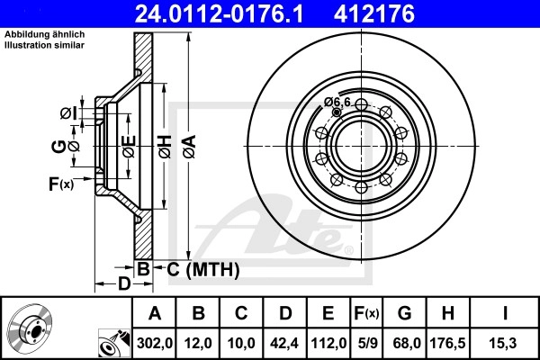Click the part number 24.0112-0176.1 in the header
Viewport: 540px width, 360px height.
tap(219, 13)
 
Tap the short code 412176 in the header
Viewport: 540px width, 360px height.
tap(374, 13)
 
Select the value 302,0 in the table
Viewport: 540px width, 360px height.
tap(155, 343)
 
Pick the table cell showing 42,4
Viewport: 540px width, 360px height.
tap(284, 343)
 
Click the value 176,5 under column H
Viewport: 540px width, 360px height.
tap(447, 343)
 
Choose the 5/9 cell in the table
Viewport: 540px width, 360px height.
tap(367, 343)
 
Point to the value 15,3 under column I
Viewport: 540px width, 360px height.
tap(505, 343)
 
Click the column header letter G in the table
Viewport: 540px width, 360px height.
tap(404, 313)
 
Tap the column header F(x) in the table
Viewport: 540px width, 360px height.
tap(367, 313)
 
